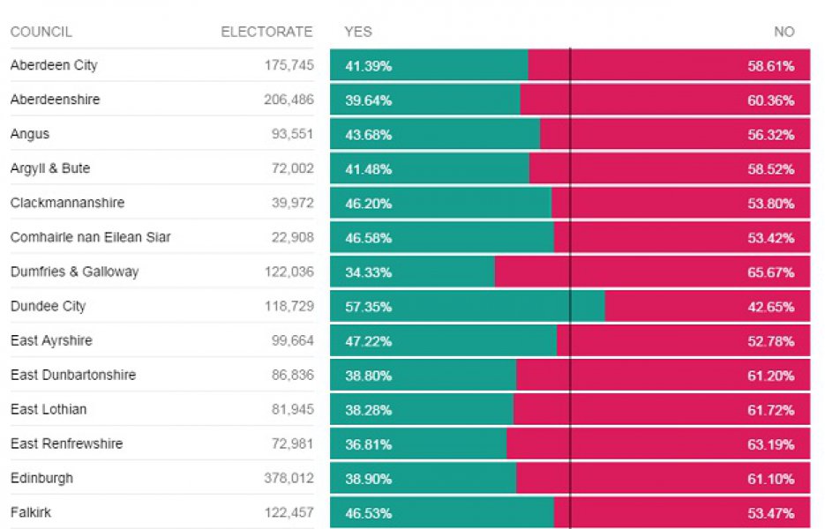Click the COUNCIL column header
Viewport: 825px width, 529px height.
click(41, 32)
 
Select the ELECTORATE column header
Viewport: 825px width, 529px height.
click(266, 32)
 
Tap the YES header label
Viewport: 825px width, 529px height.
click(358, 32)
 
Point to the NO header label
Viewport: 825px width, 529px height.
click(784, 32)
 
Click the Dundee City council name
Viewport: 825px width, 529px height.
click(48, 307)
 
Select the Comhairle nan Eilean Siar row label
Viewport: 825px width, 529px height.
click(90, 237)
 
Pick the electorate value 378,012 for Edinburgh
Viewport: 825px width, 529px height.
click(289, 479)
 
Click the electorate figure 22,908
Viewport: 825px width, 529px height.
click(292, 237)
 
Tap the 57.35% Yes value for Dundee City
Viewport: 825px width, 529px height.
click(368, 307)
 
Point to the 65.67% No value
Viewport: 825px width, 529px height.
click(770, 272)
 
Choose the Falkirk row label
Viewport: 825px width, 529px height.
click(30, 513)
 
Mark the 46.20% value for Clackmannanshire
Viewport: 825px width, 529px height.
click(368, 204)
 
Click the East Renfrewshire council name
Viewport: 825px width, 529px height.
click(66, 444)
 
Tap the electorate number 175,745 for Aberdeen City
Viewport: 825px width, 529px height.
click(289, 65)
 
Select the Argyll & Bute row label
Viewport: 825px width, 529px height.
click(49, 168)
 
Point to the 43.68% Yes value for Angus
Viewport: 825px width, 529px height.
click(368, 135)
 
